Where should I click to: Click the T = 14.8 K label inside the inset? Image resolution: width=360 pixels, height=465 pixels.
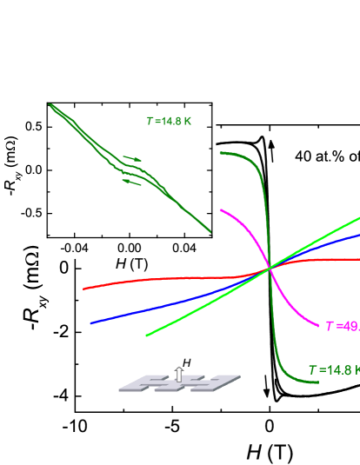pyautogui.click(x=170, y=121)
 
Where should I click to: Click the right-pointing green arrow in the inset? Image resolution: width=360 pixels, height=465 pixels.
pyautogui.click(x=132, y=159)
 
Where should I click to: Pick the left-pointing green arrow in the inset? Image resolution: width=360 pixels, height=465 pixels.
pyautogui.click(x=132, y=180)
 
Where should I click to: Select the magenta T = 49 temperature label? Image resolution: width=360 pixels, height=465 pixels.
pyautogui.click(x=341, y=326)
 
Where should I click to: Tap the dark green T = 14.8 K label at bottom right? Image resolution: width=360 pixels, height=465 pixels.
pyautogui.click(x=333, y=370)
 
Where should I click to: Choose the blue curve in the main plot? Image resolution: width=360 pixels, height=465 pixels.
pyautogui.click(x=174, y=303)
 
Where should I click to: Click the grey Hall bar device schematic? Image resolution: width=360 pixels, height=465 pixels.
pyautogui.click(x=180, y=380)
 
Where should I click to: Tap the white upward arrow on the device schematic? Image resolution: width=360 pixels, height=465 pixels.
pyautogui.click(x=179, y=374)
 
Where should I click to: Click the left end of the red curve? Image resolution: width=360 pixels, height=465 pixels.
pyautogui.click(x=84, y=288)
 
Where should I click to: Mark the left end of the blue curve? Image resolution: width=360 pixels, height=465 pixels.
pyautogui.click(x=91, y=322)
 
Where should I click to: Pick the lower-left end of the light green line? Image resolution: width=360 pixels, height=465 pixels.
pyautogui.click(x=147, y=335)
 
